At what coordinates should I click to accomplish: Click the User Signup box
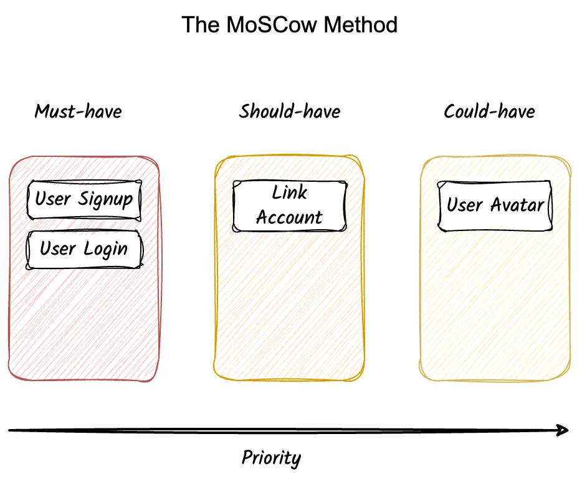(84, 200)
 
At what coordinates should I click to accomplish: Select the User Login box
(84, 250)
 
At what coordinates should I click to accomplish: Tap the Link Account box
(290, 206)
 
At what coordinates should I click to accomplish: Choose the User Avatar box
(495, 205)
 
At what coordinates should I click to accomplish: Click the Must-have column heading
(78, 111)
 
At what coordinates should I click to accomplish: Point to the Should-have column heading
(290, 111)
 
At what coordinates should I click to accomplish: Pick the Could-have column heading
(489, 111)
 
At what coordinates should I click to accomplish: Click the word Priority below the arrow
(271, 458)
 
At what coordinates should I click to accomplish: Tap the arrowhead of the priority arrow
(563, 430)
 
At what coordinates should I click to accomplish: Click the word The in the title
(198, 25)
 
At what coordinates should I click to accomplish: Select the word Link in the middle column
(290, 192)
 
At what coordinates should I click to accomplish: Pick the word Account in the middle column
(290, 217)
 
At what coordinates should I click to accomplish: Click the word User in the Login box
(58, 249)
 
